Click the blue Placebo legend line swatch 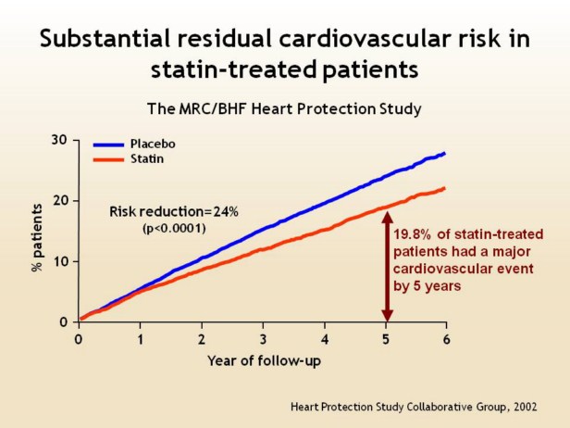coord(109,145)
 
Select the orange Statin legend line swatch coord(109,160)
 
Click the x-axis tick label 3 coord(263,339)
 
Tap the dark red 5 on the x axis coord(386,339)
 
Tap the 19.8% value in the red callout coord(413,236)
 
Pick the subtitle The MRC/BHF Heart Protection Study coord(284,108)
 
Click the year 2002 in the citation coord(527,406)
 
